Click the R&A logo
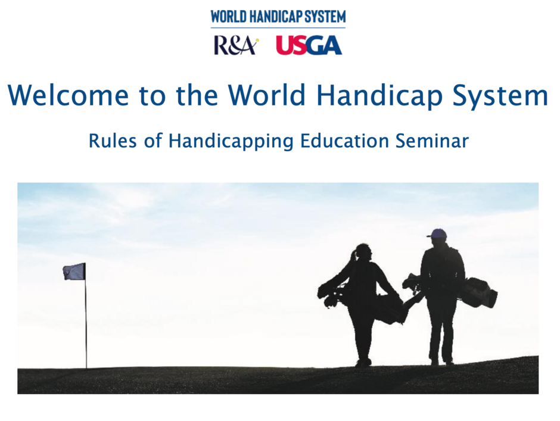point(236,45)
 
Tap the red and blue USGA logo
point(309,45)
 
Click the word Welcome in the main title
point(69,95)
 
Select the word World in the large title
point(267,95)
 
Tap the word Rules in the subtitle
point(113,141)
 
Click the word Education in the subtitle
point(344,141)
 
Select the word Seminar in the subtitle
point(432,141)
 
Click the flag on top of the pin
point(74,272)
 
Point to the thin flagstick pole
point(86,316)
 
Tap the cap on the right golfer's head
point(437,233)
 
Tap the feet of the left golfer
point(363,363)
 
